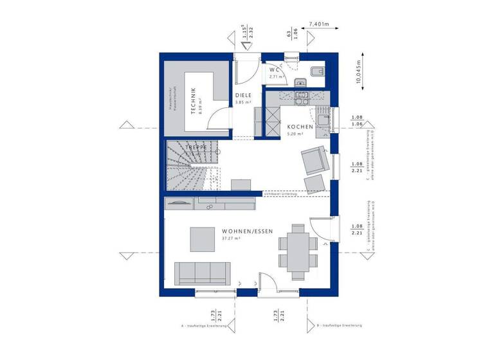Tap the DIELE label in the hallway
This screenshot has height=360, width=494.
(243, 95)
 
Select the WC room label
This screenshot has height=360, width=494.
(273, 69)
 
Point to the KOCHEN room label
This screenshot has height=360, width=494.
(300, 127)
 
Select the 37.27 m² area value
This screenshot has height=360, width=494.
(231, 239)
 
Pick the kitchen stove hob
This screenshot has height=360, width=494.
(300, 97)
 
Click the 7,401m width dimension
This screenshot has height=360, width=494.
(320, 24)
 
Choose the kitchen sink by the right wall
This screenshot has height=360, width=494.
(323, 118)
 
